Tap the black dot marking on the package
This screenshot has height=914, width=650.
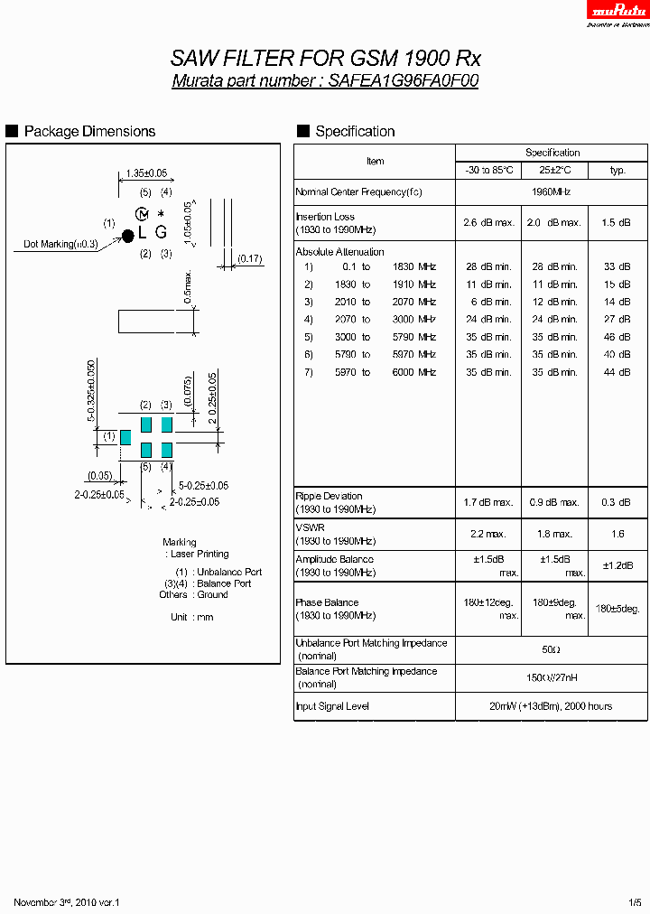pyautogui.click(x=127, y=235)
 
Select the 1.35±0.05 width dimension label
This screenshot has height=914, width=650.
pyautogui.click(x=146, y=173)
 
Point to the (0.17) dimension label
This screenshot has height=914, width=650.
pyautogui.click(x=250, y=259)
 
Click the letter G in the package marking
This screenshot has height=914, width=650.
pyautogui.click(x=161, y=232)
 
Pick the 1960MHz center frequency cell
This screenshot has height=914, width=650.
pyautogui.click(x=552, y=191)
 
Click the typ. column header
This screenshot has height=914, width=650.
pyautogui.click(x=617, y=170)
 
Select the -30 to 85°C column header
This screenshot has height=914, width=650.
pyautogui.click(x=488, y=170)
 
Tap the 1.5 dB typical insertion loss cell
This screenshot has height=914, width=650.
pyautogui.click(x=617, y=222)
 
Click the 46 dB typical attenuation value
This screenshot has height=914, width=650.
pyautogui.click(x=617, y=337)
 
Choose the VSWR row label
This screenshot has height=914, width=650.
pyautogui.click(x=311, y=527)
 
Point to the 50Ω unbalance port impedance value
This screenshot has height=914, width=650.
pyautogui.click(x=552, y=649)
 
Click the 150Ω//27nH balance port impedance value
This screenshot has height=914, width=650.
pyautogui.click(x=552, y=677)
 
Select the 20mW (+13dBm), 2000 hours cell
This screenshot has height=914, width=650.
pyautogui.click(x=552, y=706)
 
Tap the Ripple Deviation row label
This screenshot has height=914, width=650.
pyautogui.click(x=330, y=496)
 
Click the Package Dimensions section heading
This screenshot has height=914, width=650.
pyautogui.click(x=89, y=132)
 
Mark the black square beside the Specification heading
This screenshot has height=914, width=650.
pyautogui.click(x=303, y=131)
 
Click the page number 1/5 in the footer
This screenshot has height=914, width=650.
pyautogui.click(x=636, y=902)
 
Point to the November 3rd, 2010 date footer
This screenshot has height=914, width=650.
pyautogui.click(x=67, y=902)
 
